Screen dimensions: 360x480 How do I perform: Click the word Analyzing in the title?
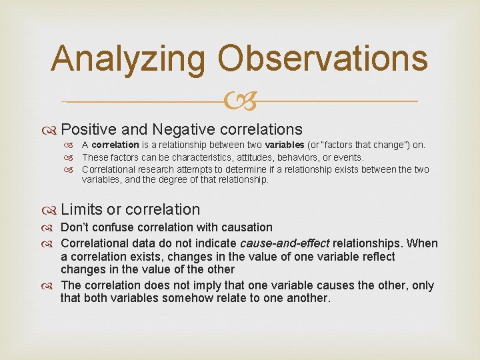pos(129,59)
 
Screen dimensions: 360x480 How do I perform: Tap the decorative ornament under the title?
pos(239,101)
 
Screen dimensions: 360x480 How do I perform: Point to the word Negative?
pos(182,129)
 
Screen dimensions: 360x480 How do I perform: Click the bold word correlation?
pos(115,145)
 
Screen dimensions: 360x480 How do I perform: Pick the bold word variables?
pos(284,145)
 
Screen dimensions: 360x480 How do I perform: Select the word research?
pos(151,169)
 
